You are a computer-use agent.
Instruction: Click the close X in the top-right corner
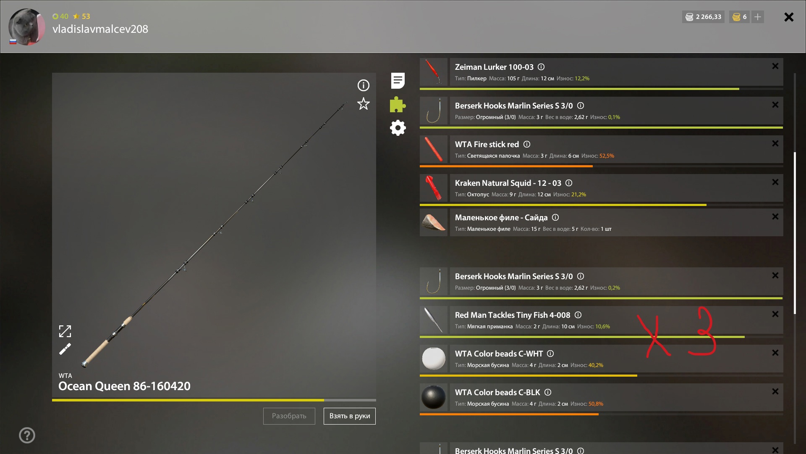pyautogui.click(x=789, y=17)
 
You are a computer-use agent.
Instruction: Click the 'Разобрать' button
pyautogui.click(x=289, y=416)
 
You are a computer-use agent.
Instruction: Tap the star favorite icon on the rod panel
pyautogui.click(x=364, y=104)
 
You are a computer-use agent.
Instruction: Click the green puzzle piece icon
pyautogui.click(x=398, y=104)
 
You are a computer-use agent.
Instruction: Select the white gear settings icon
pyautogui.click(x=398, y=128)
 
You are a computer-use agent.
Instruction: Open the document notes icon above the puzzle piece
pyautogui.click(x=398, y=81)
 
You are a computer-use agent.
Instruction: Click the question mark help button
pyautogui.click(x=27, y=436)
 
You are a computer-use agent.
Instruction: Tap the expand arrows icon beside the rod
pyautogui.click(x=65, y=331)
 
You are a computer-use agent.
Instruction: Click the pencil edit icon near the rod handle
pyautogui.click(x=65, y=349)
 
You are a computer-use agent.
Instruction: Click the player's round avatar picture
pyautogui.click(x=27, y=27)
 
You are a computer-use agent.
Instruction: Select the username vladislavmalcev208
pyautogui.click(x=100, y=29)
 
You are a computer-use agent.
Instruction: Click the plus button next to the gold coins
pyautogui.click(x=758, y=17)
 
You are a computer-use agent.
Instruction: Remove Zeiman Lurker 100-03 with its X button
pyautogui.click(x=775, y=66)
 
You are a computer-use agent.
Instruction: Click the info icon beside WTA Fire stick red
pyautogui.click(x=527, y=144)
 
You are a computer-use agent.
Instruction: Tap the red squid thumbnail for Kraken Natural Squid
pyautogui.click(x=434, y=187)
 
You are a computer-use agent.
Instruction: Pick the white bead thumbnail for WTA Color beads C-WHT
pyautogui.click(x=434, y=359)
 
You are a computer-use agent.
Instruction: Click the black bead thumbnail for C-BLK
pyautogui.click(x=434, y=397)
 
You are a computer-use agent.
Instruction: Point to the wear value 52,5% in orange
pyautogui.click(x=607, y=156)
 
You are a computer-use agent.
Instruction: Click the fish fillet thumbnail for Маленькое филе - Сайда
pyautogui.click(x=434, y=222)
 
